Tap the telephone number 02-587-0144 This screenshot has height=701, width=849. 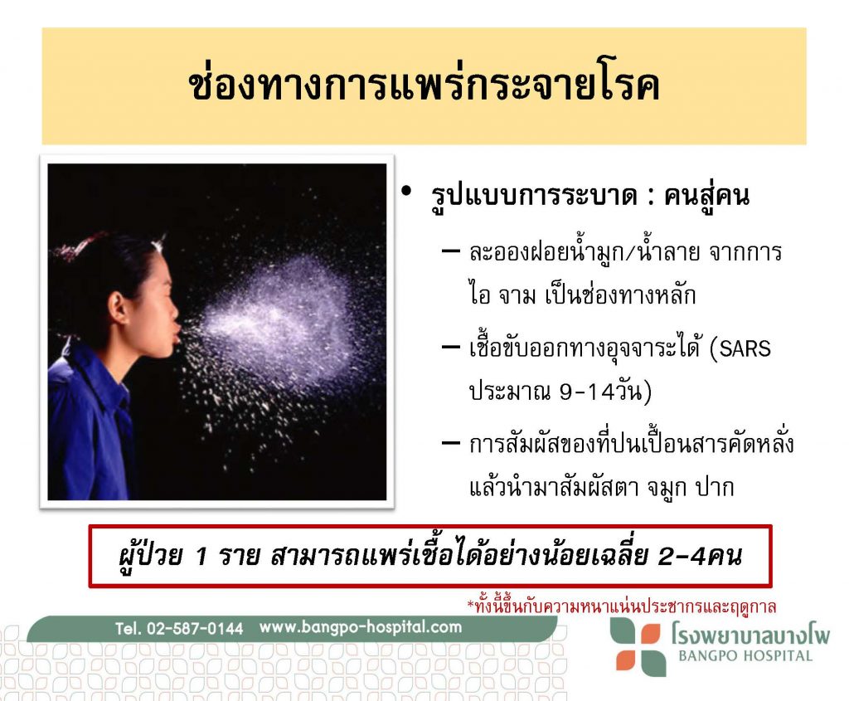[x=195, y=628]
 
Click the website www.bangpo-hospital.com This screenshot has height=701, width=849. [x=361, y=627]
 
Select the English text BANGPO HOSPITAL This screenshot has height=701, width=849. [x=745, y=656]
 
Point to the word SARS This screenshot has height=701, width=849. [x=745, y=348]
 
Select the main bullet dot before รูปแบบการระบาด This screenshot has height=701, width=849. [x=406, y=191]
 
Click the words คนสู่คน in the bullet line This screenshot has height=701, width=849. [x=706, y=196]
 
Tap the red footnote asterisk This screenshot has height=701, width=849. [x=471, y=603]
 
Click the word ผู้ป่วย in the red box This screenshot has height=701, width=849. [x=149, y=554]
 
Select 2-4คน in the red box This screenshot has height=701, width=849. [x=700, y=557]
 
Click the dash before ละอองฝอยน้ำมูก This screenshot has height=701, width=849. [x=450, y=251]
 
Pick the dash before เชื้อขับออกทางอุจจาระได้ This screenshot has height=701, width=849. [x=450, y=347]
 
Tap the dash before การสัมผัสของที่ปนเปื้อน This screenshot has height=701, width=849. [x=450, y=443]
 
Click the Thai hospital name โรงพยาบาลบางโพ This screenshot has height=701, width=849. [x=750, y=633]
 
